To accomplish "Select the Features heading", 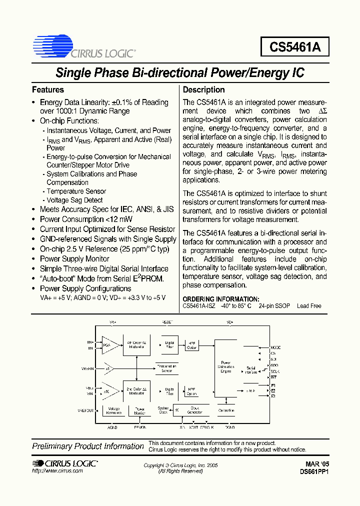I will (48, 90).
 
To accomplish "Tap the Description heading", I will (204, 90).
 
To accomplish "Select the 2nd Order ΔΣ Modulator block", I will (136, 390).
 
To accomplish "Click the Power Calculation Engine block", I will (226, 368).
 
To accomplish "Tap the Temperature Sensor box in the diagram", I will (166, 368).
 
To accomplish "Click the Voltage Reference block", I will (114, 410).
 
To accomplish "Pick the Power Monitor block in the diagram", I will (139, 410).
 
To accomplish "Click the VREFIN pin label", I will (88, 368).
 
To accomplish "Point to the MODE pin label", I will (276, 347).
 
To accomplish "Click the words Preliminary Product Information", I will (88, 446).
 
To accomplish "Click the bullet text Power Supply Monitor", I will (74, 259).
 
